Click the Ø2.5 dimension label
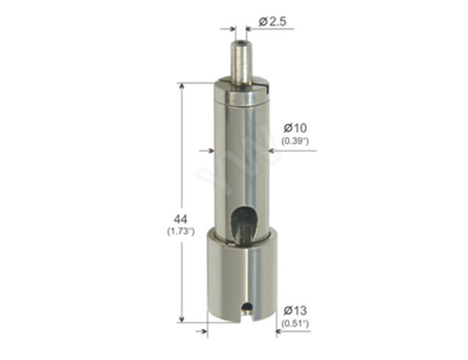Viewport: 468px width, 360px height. pyautogui.click(x=272, y=21)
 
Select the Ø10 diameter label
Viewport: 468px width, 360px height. pyautogui.click(x=295, y=128)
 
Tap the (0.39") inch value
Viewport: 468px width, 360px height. pyautogui.click(x=295, y=141)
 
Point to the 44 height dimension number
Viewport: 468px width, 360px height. pyautogui.click(x=181, y=220)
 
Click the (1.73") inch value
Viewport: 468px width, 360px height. pyautogui.click(x=181, y=232)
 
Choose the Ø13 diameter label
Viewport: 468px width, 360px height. pyautogui.click(x=295, y=310)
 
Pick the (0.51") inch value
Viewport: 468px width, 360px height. pyautogui.click(x=295, y=323)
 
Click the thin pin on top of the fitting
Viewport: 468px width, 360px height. pyautogui.click(x=240, y=63)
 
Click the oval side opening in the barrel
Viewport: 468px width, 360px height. pyautogui.click(x=243, y=223)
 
